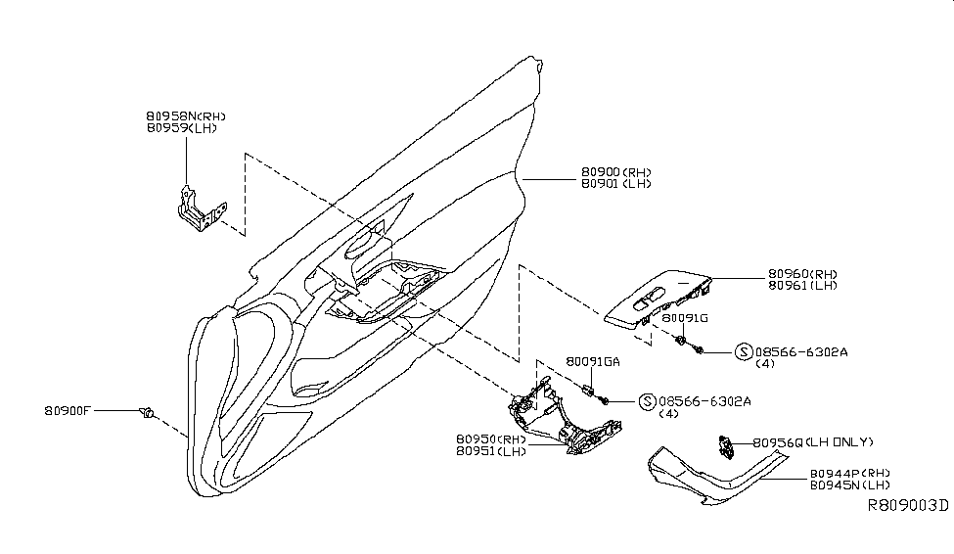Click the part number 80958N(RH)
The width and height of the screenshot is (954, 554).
click(186, 115)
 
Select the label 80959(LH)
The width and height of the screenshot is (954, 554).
click(181, 128)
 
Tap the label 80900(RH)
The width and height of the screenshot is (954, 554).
click(616, 171)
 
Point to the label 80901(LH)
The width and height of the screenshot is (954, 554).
click(615, 184)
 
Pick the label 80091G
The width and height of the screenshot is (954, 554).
click(684, 318)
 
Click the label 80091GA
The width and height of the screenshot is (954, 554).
click(593, 361)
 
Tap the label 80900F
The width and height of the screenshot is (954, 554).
click(68, 411)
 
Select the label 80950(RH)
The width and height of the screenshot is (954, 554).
click(491, 439)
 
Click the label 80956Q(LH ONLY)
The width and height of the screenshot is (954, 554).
click(813, 442)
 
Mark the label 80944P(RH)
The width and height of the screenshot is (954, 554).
click(849, 472)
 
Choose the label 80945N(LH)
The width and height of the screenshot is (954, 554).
click(849, 485)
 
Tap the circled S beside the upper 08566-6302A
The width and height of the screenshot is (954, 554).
click(743, 350)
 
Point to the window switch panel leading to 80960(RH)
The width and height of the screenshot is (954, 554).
click(658, 299)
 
